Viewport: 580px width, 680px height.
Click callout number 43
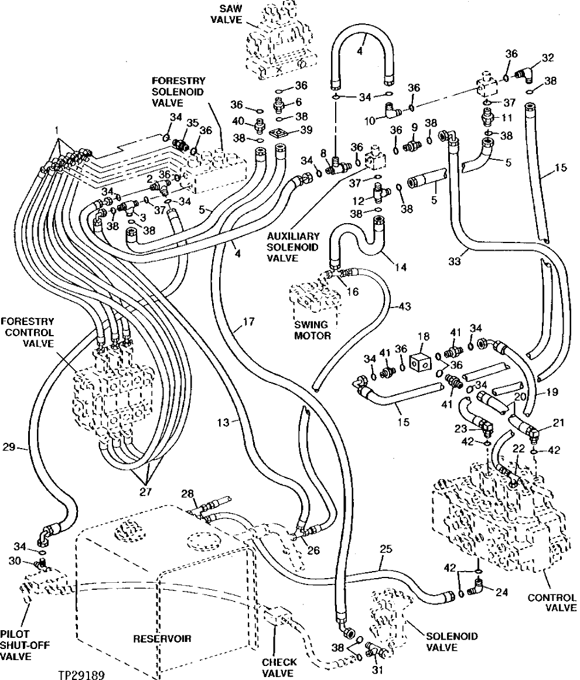tap(405, 305)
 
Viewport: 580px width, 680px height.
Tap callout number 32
tap(547, 57)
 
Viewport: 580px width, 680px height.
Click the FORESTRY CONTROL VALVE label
tap(35, 332)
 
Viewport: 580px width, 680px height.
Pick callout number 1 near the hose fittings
tap(56, 128)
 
